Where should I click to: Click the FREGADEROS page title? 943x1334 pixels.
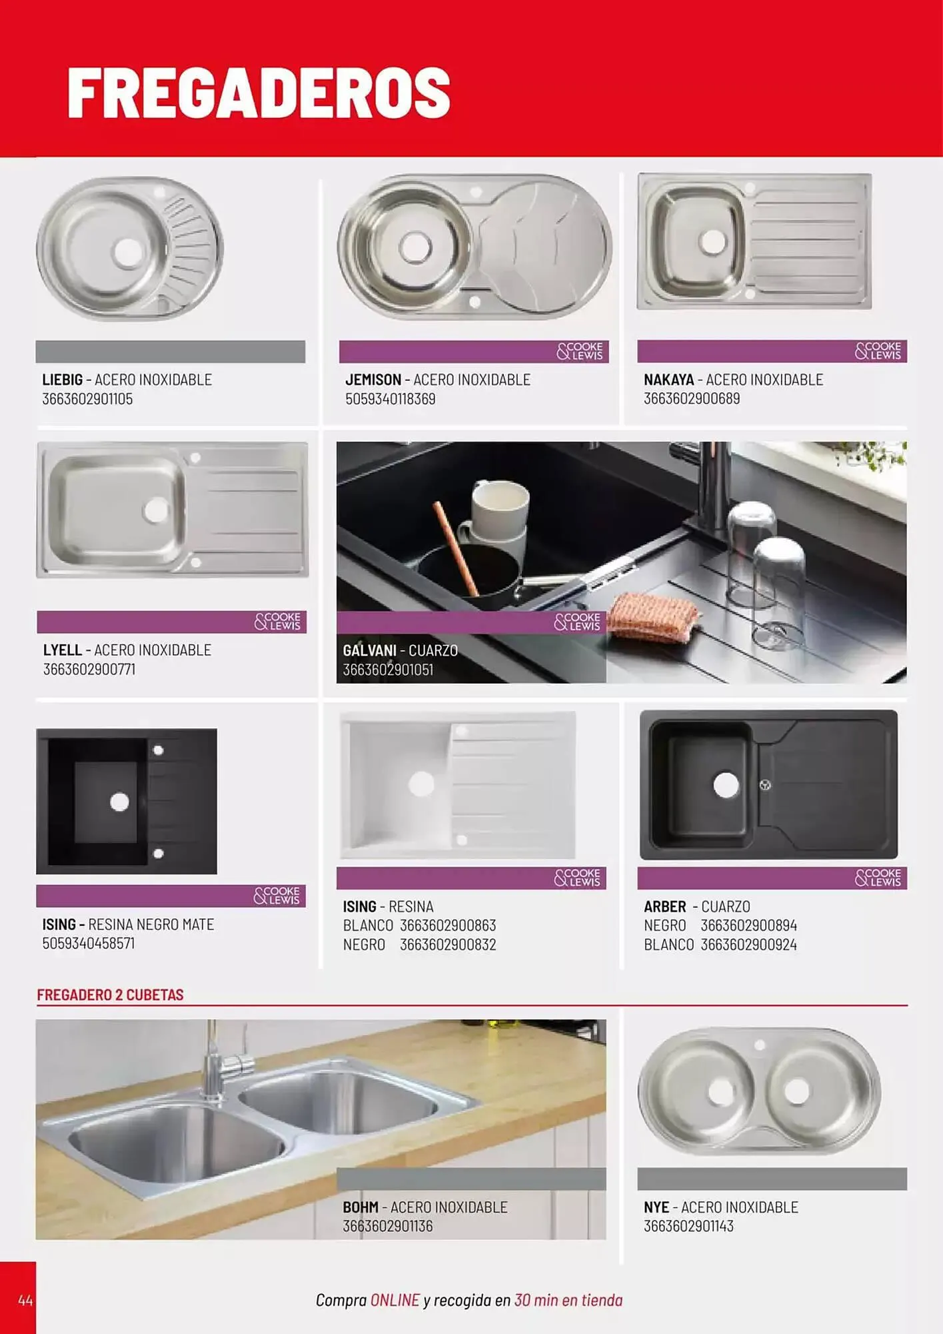tap(259, 92)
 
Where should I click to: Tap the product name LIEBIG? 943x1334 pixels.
tap(63, 380)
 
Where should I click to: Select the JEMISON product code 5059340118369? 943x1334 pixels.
tap(391, 399)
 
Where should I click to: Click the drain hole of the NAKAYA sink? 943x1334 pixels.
tap(712, 242)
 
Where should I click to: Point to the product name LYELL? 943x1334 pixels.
tap(63, 650)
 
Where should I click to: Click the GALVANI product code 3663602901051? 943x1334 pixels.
tap(388, 670)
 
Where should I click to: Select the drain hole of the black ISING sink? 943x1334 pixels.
tap(119, 802)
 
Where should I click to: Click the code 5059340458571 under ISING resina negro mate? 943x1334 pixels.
tap(89, 943)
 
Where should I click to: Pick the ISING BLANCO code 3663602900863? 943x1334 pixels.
tap(448, 926)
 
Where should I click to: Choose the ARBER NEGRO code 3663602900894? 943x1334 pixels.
tap(748, 926)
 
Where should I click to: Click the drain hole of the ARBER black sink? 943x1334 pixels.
tap(726, 785)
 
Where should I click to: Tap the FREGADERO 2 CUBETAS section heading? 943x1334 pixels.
tap(110, 994)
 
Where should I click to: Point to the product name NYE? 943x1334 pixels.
tap(656, 1207)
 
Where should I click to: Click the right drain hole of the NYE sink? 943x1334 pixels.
tap(796, 1091)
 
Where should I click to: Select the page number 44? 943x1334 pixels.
tap(25, 1300)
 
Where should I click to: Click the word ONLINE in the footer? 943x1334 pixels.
tap(395, 1300)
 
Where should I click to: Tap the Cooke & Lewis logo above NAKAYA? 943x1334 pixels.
tap(878, 351)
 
